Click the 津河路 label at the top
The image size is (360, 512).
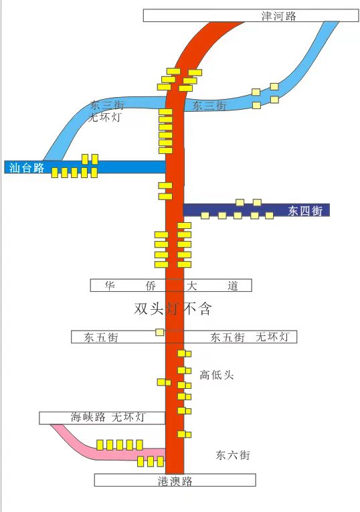278,16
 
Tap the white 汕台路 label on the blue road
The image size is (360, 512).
27,167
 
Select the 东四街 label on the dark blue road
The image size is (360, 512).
305,211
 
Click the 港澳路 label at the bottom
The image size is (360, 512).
175,481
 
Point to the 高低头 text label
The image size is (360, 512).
217,375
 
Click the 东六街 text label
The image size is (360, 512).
233,455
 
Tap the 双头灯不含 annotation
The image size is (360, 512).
173,309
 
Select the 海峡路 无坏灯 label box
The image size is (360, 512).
102,418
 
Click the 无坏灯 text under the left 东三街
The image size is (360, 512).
104,117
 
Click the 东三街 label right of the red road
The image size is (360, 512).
209,106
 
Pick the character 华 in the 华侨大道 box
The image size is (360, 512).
110,286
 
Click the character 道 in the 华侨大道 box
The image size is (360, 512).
233,286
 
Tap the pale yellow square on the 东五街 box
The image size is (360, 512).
160,332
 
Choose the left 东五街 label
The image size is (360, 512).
101,337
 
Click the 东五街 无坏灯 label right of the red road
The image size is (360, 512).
250,337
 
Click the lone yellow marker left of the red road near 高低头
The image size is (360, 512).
164,382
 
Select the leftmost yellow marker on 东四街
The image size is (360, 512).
205,216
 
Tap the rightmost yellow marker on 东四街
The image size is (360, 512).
269,216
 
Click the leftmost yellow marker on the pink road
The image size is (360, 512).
100,444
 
